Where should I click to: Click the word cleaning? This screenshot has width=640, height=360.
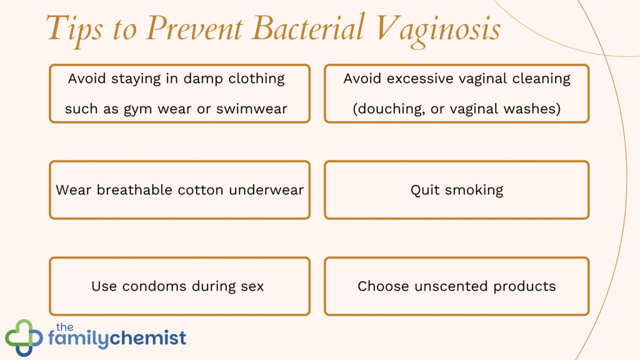[x=544, y=79]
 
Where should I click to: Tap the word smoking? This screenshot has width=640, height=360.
[x=473, y=190]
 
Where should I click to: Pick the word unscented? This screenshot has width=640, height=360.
[x=447, y=286]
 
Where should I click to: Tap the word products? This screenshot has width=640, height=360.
[x=524, y=286]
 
